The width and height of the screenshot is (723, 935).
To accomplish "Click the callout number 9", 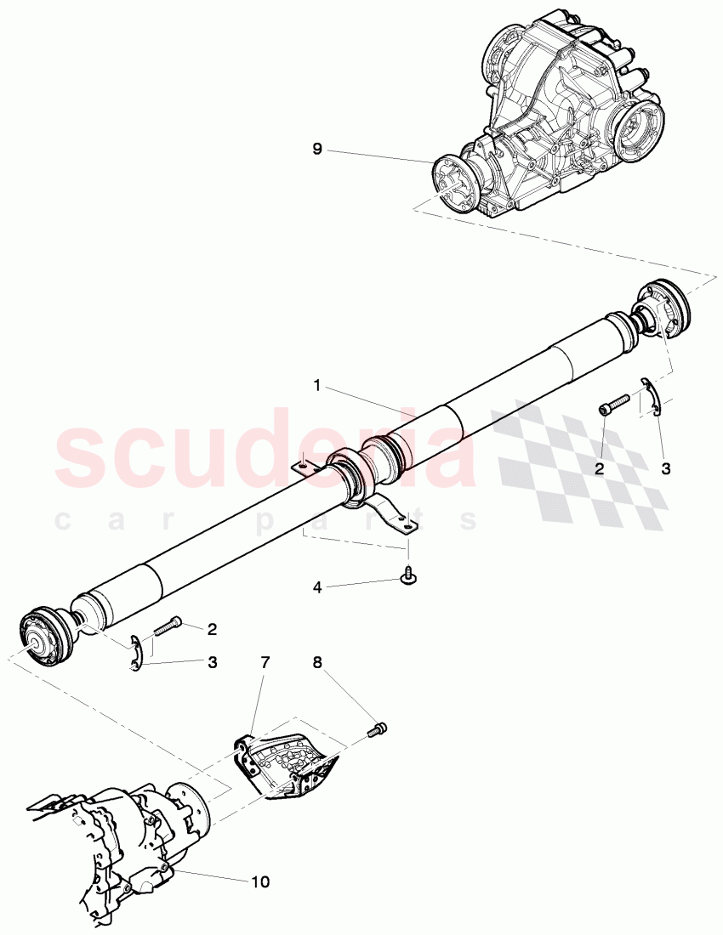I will coord(316,150).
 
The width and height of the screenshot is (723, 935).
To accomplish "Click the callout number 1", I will coord(316,386).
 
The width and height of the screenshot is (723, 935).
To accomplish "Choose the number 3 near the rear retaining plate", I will coord(666,467).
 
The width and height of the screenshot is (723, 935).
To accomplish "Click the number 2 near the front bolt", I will coord(212,630).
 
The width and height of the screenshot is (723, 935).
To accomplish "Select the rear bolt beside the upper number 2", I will coord(614,404).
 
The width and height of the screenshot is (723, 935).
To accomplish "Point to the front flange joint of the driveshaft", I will coord(43,637).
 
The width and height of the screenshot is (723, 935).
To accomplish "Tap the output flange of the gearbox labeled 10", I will coord(189,807).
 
